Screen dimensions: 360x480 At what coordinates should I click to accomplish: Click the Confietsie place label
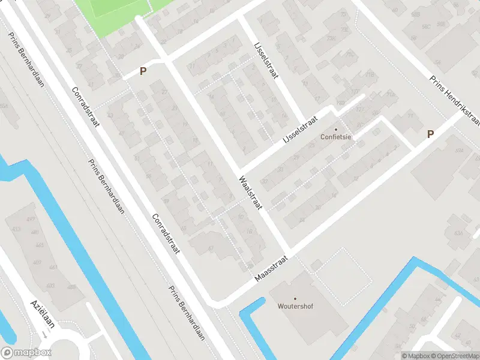pyautogui.click(x=335, y=137)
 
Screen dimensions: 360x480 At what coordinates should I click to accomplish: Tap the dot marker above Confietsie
pyautogui.click(x=335, y=129)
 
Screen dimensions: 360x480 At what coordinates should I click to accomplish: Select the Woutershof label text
pyautogui.click(x=295, y=306)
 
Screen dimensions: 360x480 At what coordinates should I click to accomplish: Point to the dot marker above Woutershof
pyautogui.click(x=295, y=298)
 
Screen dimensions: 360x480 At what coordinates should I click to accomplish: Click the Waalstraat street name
pyautogui.click(x=251, y=193)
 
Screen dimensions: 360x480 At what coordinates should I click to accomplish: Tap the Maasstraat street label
pyautogui.click(x=271, y=268)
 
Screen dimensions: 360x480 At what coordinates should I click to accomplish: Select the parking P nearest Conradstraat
pyautogui.click(x=143, y=71)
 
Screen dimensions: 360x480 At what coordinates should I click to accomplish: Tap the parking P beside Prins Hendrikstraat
pyautogui.click(x=430, y=134)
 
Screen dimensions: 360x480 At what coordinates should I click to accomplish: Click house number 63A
pyautogui.click(x=459, y=233)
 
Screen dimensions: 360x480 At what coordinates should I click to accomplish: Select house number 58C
pyautogui.click(x=427, y=26)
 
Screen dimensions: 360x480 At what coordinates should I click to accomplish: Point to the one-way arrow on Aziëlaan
pyautogui.click(x=45, y=334)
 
